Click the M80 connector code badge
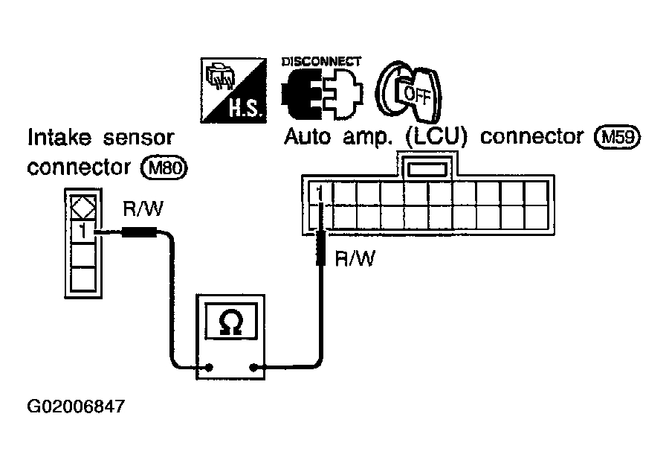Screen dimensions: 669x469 click(164, 167)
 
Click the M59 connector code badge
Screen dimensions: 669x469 click(618, 137)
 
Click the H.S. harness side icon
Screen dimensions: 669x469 click(233, 91)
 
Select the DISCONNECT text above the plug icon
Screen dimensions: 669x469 click(321, 62)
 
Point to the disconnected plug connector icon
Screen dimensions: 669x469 click(322, 94)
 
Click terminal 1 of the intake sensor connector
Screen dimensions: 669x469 click(83, 232)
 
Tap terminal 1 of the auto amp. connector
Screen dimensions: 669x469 click(320, 193)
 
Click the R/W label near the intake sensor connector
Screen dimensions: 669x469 click(143, 209)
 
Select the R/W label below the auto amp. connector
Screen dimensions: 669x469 click(355, 258)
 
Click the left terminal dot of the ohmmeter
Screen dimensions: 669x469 click(209, 367)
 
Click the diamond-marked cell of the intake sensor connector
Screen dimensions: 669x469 click(83, 208)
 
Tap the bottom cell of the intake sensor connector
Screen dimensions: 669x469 click(83, 278)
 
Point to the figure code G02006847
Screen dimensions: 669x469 click(76, 406)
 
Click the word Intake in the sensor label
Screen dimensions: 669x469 click(59, 138)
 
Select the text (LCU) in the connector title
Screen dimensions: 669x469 click(436, 137)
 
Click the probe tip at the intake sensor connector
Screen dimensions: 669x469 click(97, 232)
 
